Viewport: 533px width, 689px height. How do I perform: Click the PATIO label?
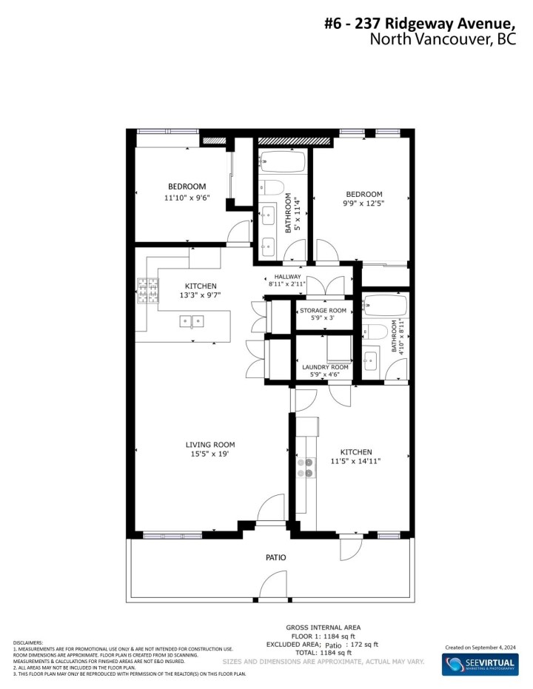276,557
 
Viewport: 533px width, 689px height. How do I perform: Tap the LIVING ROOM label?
210,445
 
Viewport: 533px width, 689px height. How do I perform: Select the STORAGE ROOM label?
324,310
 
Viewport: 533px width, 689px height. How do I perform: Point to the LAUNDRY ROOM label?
325,367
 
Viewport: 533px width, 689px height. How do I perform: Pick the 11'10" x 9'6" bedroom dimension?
187,198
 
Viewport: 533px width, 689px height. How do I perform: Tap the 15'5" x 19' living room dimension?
210,455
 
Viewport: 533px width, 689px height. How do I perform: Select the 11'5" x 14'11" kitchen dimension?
355,462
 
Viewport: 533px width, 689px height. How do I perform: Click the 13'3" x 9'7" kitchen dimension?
201,295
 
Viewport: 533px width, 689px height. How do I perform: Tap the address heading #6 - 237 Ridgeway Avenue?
430,24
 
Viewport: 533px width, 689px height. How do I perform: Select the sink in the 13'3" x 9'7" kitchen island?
193,320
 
